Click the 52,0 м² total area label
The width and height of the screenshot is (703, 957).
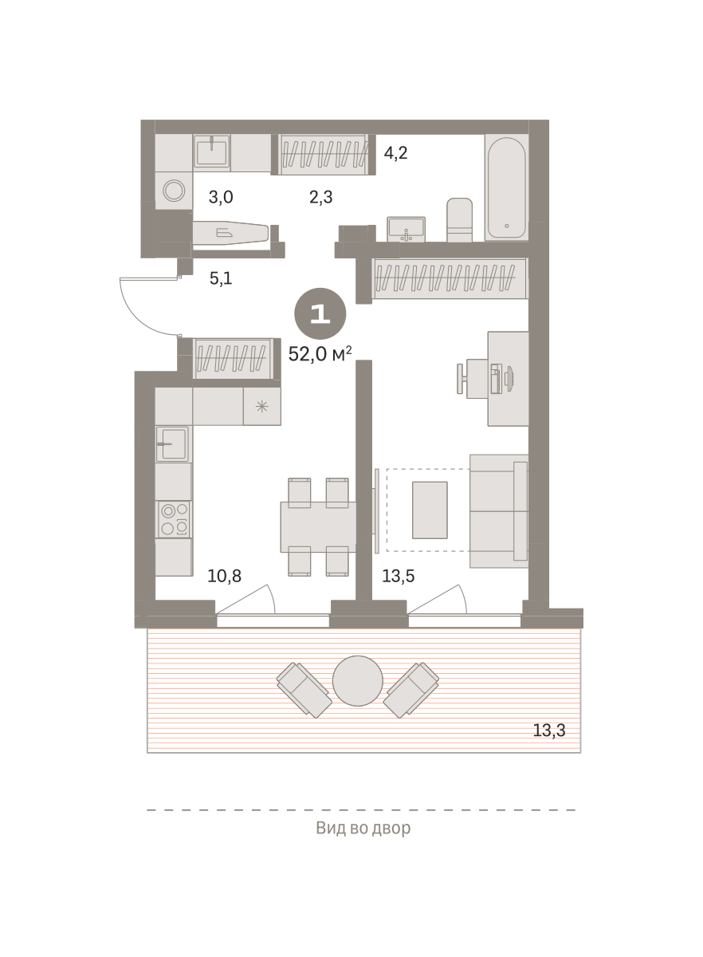tap(320, 354)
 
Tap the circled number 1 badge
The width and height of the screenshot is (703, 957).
tap(320, 314)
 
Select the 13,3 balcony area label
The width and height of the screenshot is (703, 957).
tap(549, 731)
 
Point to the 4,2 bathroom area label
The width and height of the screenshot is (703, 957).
tap(395, 152)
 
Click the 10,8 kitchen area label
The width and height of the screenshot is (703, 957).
tap(224, 576)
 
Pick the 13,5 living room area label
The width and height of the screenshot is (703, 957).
tap(398, 576)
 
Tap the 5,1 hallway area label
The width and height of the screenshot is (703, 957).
tap(221, 278)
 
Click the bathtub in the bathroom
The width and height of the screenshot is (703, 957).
tap(507, 187)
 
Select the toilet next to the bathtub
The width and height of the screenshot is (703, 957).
tap(459, 219)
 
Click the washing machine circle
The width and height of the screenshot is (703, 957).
tap(174, 190)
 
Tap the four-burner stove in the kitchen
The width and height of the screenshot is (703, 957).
tap(174, 519)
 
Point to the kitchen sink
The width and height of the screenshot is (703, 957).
tap(172, 444)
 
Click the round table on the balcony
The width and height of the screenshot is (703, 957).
tap(358, 681)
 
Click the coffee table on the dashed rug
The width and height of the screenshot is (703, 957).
tap(430, 510)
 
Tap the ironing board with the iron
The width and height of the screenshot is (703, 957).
tap(230, 233)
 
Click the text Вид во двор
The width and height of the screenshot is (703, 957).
tap(363, 828)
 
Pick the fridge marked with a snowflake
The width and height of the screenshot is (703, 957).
tap(261, 406)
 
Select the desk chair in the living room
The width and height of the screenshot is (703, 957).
tap(469, 379)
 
